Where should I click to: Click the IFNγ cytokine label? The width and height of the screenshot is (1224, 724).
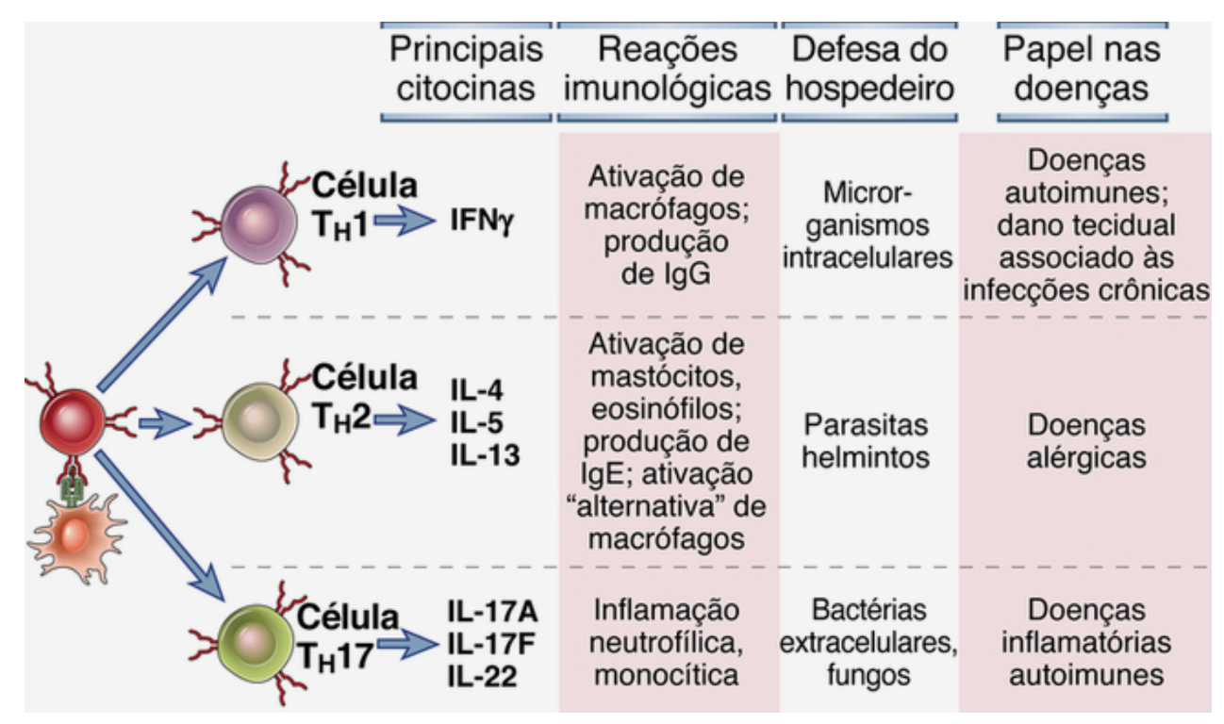pyautogui.click(x=480, y=224)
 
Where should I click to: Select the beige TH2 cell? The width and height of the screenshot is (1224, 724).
pyautogui.click(x=257, y=415)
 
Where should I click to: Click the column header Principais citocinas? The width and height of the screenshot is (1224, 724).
pyautogui.click(x=466, y=69)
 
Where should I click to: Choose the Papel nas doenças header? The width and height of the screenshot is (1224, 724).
pyautogui.click(x=1082, y=69)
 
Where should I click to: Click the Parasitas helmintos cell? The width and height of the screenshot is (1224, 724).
pyautogui.click(x=868, y=440)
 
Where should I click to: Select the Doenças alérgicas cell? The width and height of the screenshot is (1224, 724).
pyautogui.click(x=1086, y=440)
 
